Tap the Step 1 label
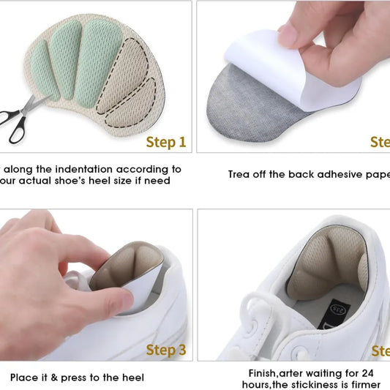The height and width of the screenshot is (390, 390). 166,142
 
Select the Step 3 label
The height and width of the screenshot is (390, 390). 166,350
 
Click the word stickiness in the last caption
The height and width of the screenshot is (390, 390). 319,384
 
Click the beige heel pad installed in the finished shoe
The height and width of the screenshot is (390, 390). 322,267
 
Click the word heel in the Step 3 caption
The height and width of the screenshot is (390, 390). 132,378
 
